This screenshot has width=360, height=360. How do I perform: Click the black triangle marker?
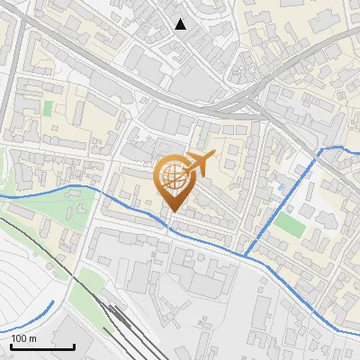[181, 24]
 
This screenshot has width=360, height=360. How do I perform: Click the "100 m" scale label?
[23, 338]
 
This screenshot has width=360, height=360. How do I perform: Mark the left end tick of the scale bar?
[11, 346]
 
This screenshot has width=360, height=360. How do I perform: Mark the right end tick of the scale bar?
[75, 346]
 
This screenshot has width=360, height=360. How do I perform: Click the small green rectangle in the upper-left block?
[48, 108]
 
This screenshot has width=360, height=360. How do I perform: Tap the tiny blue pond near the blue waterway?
[281, 187]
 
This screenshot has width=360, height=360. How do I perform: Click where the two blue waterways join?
[246, 256]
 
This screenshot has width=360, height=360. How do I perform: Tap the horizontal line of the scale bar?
[42, 347]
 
